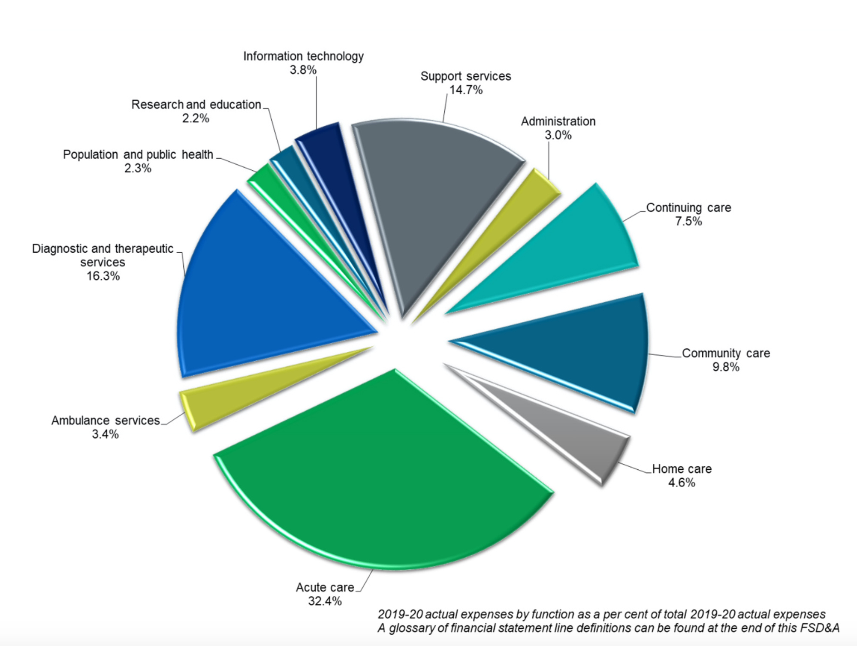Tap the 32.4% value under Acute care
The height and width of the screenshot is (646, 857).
coord(325,601)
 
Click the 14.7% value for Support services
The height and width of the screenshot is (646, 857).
coord(466,90)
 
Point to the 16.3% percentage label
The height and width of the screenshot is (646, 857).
coord(103,276)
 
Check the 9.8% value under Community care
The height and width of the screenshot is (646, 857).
coord(726,367)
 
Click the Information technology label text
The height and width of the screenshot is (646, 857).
coord(303,56)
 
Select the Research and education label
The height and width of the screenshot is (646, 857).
coord(196,105)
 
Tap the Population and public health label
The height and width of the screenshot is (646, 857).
coord(138,154)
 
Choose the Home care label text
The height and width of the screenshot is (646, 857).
coord(682,469)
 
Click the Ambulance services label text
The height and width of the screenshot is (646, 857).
coord(106,420)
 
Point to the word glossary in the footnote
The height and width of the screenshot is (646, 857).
coord(411,628)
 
